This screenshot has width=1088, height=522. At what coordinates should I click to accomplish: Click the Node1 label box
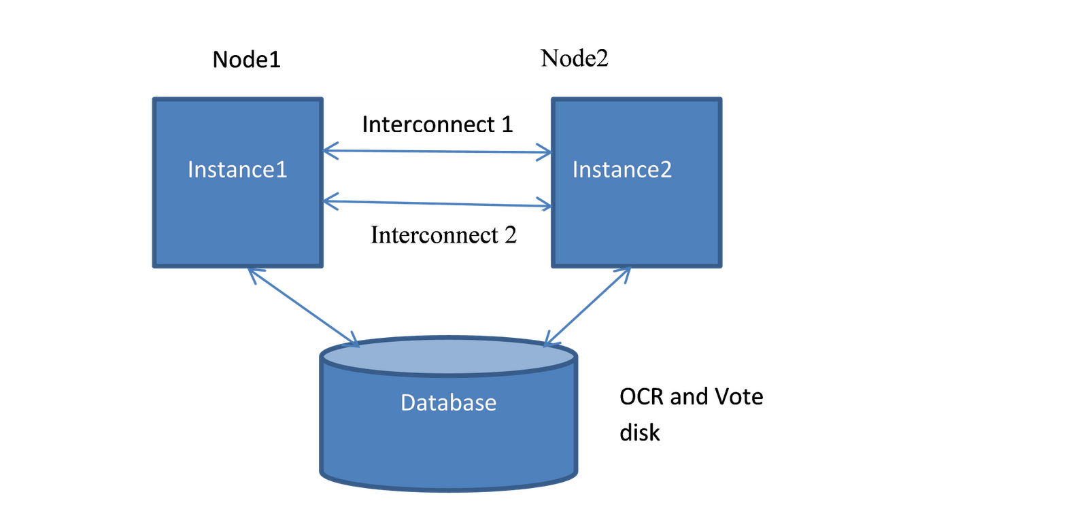click(x=258, y=59)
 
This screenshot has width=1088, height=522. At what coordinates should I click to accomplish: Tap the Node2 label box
click(x=586, y=59)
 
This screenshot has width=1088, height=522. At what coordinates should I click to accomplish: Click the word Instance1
click(x=237, y=169)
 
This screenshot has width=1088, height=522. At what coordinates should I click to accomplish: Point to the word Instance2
click(x=622, y=169)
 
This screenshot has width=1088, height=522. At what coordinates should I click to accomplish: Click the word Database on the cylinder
click(x=448, y=402)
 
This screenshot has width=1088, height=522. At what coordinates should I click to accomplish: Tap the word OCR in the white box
click(x=641, y=396)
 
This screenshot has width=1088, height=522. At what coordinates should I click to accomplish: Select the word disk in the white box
click(x=639, y=432)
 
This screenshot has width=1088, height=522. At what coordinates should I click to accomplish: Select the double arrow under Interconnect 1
click(x=437, y=152)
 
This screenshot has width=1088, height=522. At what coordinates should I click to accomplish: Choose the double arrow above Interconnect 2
click(x=437, y=203)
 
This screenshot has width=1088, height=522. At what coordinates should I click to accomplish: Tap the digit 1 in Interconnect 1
click(x=507, y=124)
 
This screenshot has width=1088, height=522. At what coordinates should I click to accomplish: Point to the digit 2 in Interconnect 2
click(x=510, y=235)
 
